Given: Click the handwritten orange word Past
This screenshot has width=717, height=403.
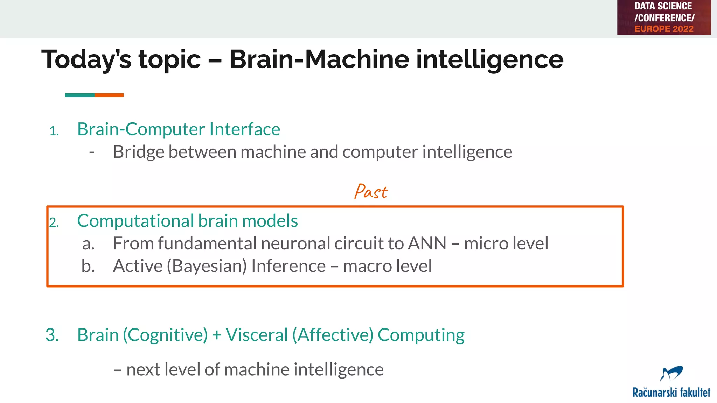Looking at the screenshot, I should (371, 192).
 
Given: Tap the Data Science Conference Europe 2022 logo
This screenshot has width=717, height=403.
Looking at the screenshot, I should (664, 17).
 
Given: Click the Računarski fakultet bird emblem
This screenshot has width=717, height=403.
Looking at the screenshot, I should (671, 374).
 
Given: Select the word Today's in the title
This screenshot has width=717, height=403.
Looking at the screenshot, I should (86, 59).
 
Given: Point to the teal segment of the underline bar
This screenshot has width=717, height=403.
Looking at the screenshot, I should (79, 95).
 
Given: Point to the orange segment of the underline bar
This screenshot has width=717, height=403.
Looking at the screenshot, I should (109, 95).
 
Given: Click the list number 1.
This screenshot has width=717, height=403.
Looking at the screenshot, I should (54, 132).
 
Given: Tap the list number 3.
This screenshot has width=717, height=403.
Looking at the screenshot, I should (52, 335).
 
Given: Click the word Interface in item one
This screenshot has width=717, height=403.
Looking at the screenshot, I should (245, 129).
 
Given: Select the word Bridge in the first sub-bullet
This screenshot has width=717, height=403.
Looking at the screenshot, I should (139, 152).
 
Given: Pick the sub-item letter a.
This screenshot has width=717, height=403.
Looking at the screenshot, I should (88, 244).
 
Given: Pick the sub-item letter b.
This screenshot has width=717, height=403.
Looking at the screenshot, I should (88, 266).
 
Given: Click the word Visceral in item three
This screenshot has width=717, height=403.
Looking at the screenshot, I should (257, 335).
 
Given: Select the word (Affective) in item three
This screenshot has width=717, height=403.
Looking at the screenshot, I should (333, 335).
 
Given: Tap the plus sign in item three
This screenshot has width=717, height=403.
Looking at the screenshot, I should (217, 335).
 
